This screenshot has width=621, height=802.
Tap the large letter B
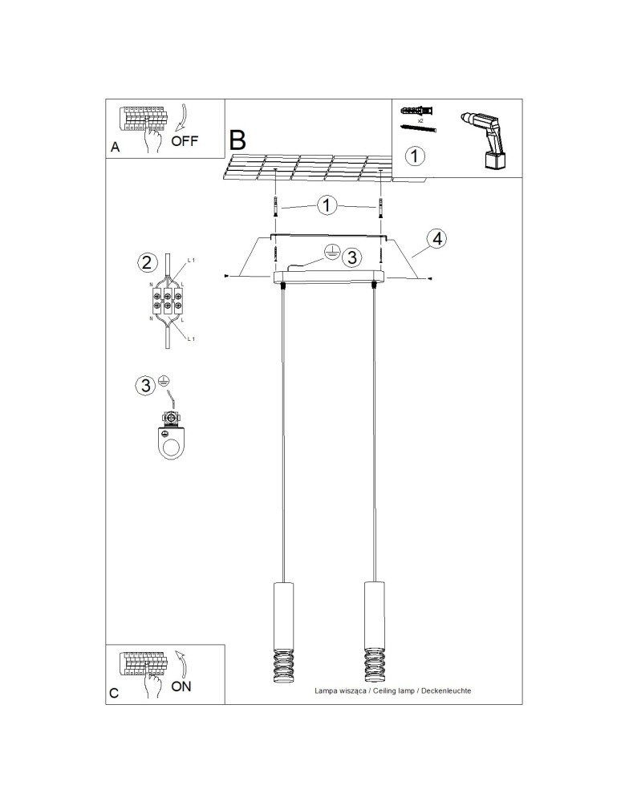click(237, 140)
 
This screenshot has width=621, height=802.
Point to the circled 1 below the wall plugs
click(415, 155)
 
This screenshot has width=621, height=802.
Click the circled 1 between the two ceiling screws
click(327, 205)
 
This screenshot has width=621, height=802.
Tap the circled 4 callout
click(436, 238)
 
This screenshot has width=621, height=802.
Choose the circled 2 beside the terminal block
click(145, 262)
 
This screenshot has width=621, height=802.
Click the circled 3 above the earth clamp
click(145, 386)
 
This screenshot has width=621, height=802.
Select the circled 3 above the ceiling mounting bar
click(351, 257)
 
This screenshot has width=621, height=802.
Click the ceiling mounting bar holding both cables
click(329, 277)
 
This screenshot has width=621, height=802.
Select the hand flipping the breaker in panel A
click(152, 140)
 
